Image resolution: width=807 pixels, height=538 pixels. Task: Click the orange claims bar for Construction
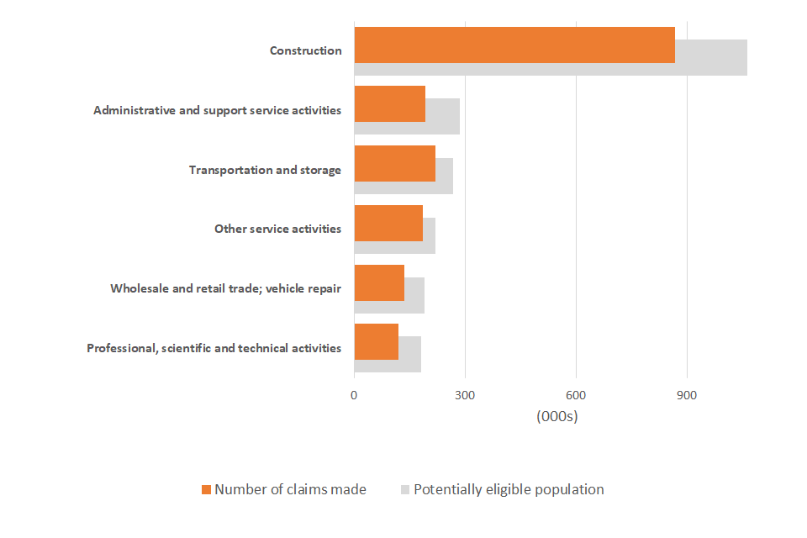pyautogui.click(x=514, y=45)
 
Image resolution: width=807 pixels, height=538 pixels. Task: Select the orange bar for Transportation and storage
pyautogui.click(x=394, y=163)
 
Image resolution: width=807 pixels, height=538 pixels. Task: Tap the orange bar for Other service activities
pyautogui.click(x=388, y=223)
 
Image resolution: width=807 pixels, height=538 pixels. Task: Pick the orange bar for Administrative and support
pyautogui.click(x=389, y=103)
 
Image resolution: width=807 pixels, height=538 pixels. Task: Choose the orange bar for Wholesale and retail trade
pyautogui.click(x=379, y=282)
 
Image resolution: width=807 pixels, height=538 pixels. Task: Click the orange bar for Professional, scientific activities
pyautogui.click(x=376, y=341)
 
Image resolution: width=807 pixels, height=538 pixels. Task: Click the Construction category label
pyautogui.click(x=305, y=50)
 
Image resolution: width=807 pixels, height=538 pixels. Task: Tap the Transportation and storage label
pyautogui.click(x=265, y=170)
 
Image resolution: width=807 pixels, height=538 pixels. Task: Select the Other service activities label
pyautogui.click(x=277, y=229)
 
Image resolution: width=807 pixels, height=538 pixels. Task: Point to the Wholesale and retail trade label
pyautogui.click(x=225, y=288)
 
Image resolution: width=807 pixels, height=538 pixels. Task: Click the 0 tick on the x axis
pyautogui.click(x=354, y=395)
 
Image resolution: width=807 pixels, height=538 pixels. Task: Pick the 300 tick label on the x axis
pyautogui.click(x=465, y=395)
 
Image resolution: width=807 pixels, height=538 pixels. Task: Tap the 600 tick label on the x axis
pyautogui.click(x=576, y=395)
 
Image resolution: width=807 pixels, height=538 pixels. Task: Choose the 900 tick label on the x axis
pyautogui.click(x=687, y=395)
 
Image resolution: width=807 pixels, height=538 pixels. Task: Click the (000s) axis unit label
pyautogui.click(x=556, y=416)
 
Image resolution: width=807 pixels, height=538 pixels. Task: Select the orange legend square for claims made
pyautogui.click(x=206, y=489)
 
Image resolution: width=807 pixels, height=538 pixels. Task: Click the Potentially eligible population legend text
pyautogui.click(x=509, y=489)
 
